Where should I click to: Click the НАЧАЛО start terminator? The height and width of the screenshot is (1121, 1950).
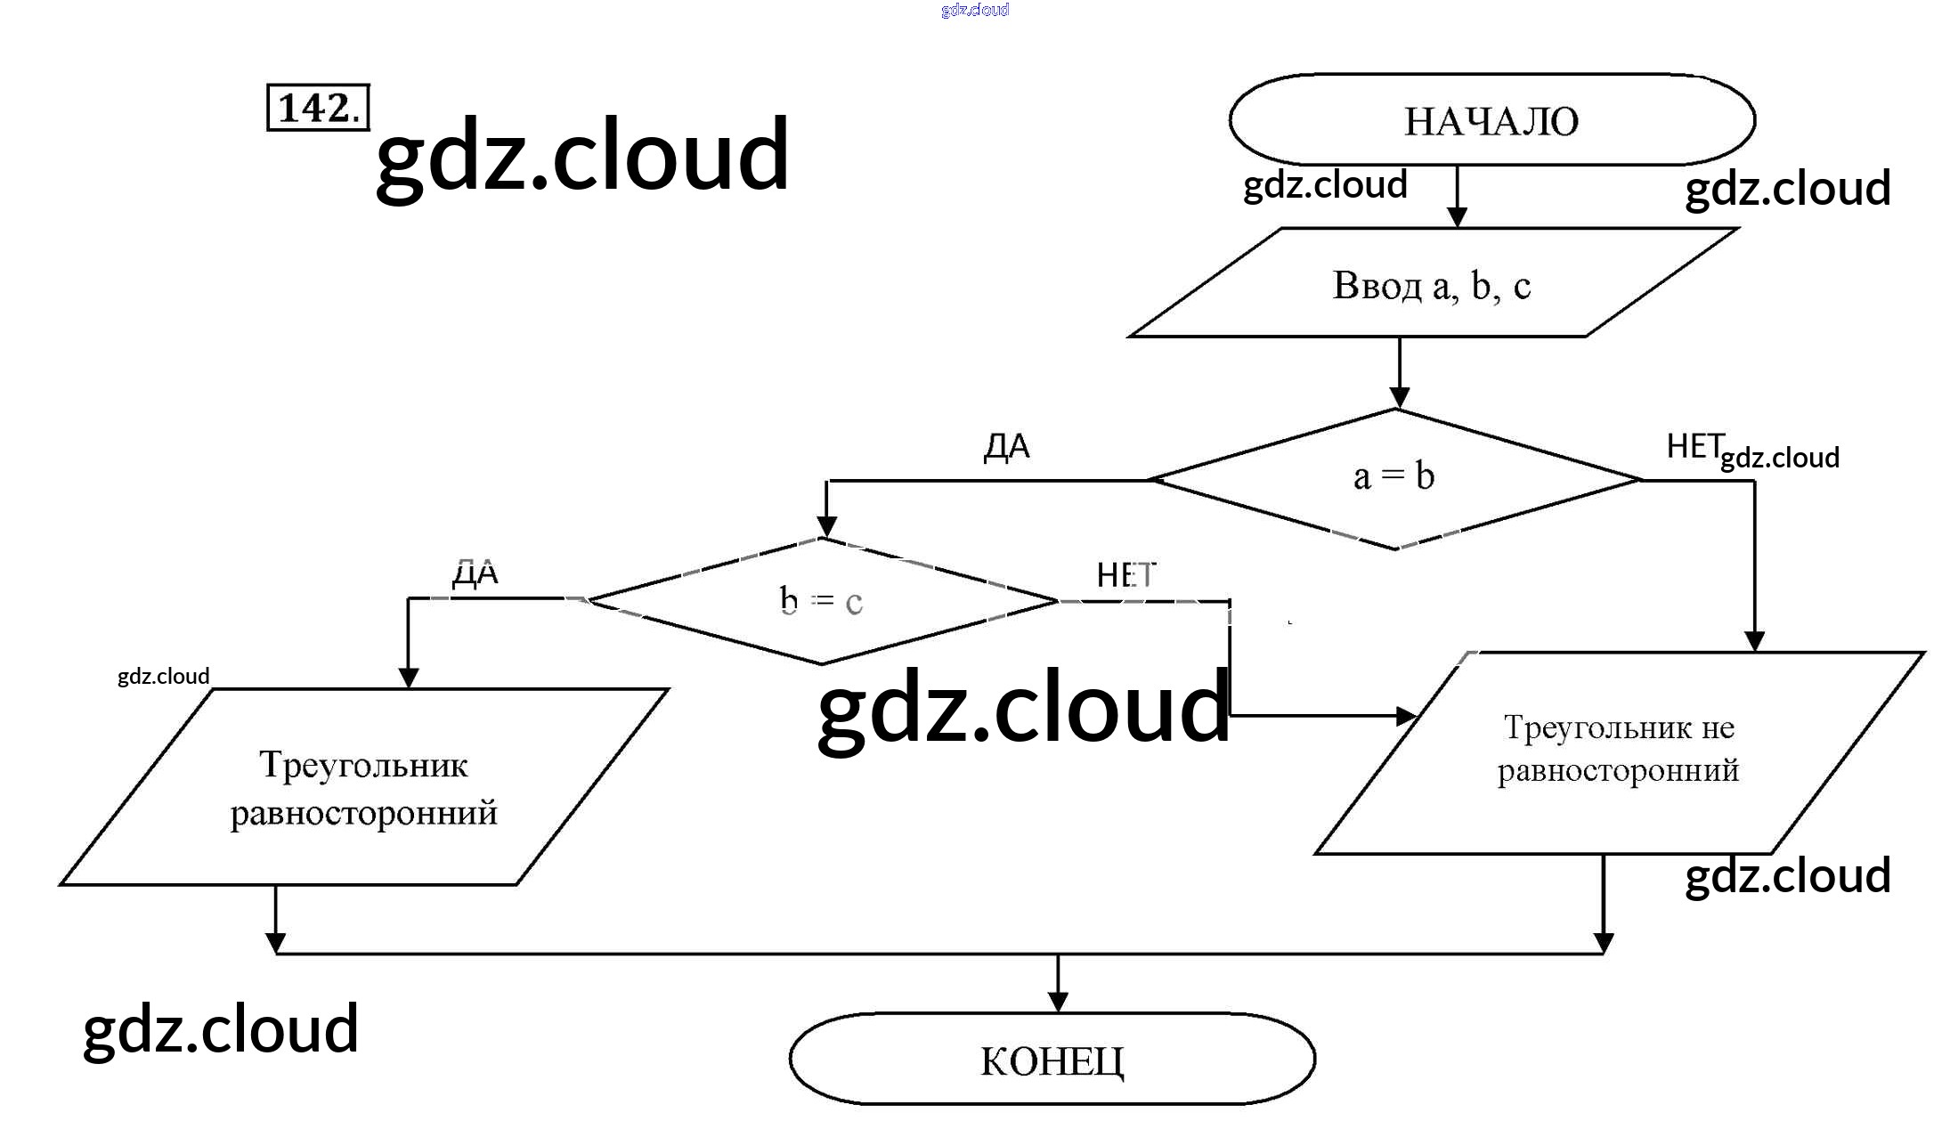pos(1491,120)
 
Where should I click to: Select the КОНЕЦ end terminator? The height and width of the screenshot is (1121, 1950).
pos(1052,1060)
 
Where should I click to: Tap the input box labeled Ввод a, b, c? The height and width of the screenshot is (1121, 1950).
pos(1432,284)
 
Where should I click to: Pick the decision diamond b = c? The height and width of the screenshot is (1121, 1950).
pos(821,601)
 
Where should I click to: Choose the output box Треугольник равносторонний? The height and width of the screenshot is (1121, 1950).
pos(363,787)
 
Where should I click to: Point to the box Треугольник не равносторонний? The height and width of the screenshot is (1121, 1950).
pos(1618,751)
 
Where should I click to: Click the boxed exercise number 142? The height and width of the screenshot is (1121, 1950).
pos(318,108)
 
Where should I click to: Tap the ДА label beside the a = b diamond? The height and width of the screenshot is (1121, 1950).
pos(1006,446)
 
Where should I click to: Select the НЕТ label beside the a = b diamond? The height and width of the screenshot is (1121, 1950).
pos(1694,445)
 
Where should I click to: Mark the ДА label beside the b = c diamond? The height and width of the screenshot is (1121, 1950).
pos(475,573)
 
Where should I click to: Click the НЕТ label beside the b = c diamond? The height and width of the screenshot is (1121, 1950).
pos(1125,575)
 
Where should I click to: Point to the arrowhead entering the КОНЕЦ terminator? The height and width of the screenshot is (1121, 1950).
pos(1058,1003)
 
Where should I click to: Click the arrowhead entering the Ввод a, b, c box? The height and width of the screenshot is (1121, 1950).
pos(1457,217)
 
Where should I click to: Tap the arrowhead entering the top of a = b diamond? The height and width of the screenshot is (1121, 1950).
pos(1399,398)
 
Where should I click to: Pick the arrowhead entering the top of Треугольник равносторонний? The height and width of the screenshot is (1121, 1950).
pos(409,678)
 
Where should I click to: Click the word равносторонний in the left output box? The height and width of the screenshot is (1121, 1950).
pos(363,813)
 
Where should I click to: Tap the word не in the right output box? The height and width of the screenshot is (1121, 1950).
pos(1718,728)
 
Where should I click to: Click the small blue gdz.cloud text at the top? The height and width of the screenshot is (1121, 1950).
pos(975,10)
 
